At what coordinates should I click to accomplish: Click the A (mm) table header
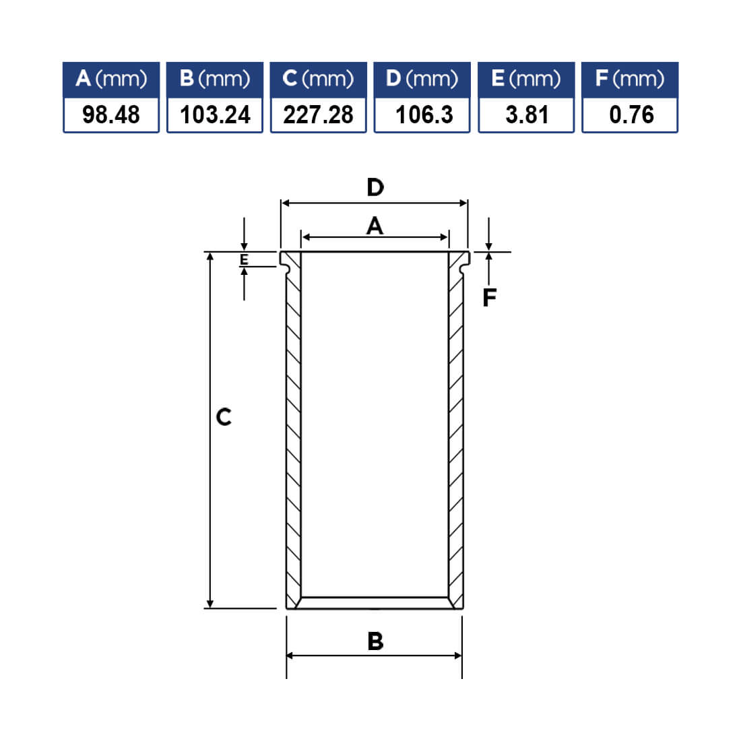pos(111,79)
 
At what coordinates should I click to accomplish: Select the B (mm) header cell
pos(214,79)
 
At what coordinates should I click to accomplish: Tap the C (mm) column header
pos(318,79)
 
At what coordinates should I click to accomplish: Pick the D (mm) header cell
pos(422,79)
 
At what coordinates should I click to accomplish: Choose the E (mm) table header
pos(526,79)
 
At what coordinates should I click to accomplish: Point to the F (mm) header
pos(630,79)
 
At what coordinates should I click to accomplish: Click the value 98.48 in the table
pos(111,115)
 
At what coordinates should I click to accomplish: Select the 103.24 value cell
pos(214,115)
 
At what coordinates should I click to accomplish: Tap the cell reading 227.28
pos(318,115)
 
